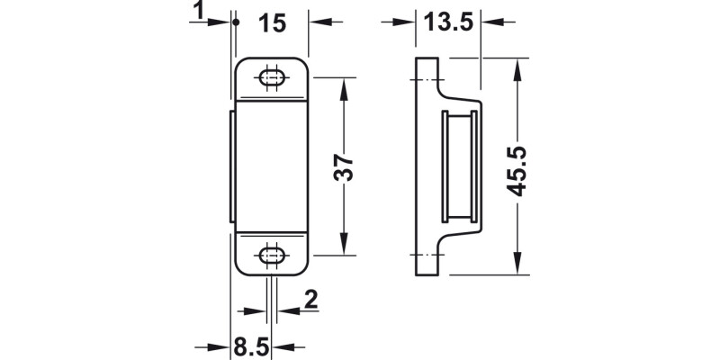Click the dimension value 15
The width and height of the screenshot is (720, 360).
tap(272, 23)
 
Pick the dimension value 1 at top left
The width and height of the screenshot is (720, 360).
tap(197, 12)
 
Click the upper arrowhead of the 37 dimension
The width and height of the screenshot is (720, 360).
tap(343, 84)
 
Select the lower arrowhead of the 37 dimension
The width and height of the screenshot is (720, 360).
tap(343, 249)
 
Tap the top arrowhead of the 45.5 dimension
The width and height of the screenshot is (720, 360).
tap(518, 66)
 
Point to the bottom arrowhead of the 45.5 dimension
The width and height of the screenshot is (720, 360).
tap(518, 267)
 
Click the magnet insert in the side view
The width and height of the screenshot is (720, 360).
tap(460, 166)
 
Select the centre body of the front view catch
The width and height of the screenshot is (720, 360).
tap(270, 166)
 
